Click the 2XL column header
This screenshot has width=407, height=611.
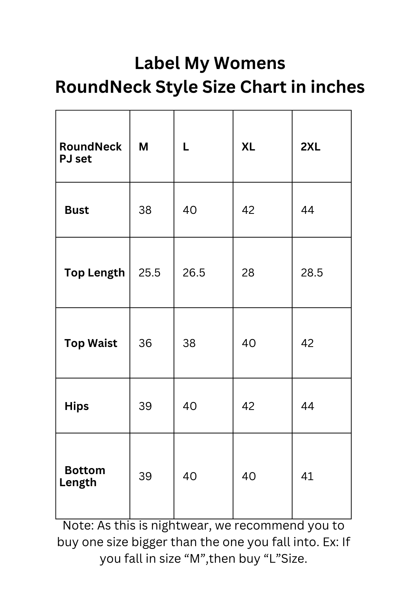pyautogui.click(x=311, y=147)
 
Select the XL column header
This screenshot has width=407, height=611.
pyautogui.click(x=248, y=147)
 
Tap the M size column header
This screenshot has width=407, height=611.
pyautogui.click(x=144, y=147)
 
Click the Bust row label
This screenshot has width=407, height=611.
pyautogui.click(x=77, y=210)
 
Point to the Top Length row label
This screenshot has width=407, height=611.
pyautogui.click(x=95, y=273)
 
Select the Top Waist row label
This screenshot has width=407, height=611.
pyautogui.click(x=91, y=343)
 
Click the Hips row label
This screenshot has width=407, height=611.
pyautogui.click(x=77, y=406)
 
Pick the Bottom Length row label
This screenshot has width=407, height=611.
pyautogui.click(x=82, y=476)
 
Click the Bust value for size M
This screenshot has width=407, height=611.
pyautogui.click(x=145, y=210)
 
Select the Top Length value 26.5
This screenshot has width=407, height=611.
pyautogui.click(x=194, y=273)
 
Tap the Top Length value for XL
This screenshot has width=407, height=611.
pyautogui.click(x=248, y=273)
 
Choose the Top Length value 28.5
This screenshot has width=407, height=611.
pyautogui.click(x=312, y=273)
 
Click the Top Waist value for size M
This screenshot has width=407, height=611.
pyautogui.click(x=145, y=343)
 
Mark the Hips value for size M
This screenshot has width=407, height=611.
pyautogui.click(x=145, y=406)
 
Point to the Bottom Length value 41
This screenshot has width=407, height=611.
pyautogui.click(x=308, y=476)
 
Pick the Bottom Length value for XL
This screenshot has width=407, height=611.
pyautogui.click(x=249, y=476)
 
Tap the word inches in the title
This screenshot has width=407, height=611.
pyautogui.click(x=337, y=87)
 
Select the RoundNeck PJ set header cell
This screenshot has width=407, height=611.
pyautogui.click(x=90, y=152)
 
